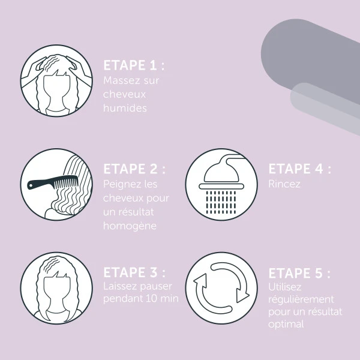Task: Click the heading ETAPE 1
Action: [x=134, y=65]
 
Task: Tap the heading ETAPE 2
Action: [x=134, y=169]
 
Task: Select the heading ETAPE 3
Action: [x=134, y=272]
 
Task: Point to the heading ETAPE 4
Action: [x=299, y=169]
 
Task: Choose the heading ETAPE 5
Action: [x=299, y=273]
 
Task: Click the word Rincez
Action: [x=284, y=184]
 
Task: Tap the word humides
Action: [x=125, y=108]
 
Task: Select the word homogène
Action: [x=130, y=226]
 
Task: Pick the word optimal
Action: [x=286, y=325]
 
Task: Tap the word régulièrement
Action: [x=301, y=299]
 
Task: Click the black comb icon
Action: [x=53, y=182]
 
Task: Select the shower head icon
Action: [x=221, y=184]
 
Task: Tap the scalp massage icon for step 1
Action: [x=56, y=81]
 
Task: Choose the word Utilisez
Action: [x=284, y=287]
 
